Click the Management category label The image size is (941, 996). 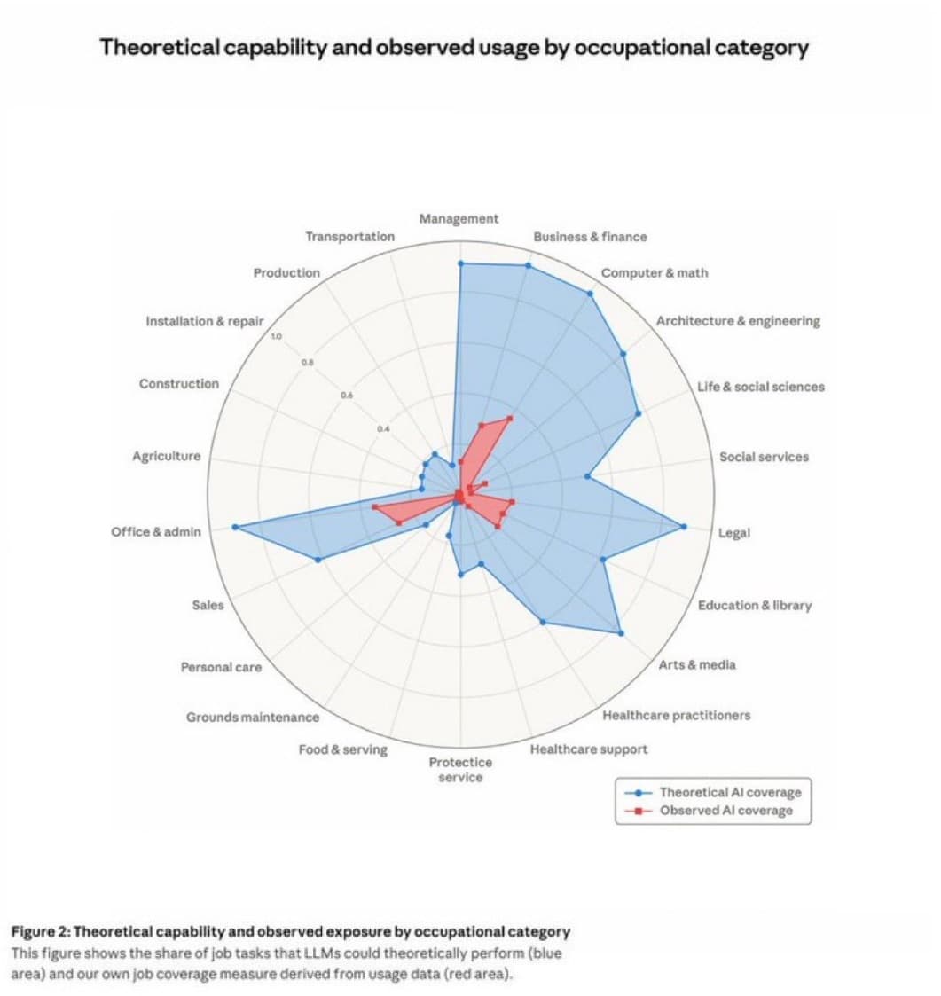point(459,218)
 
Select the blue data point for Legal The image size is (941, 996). point(684,527)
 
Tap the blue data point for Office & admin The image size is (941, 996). point(235,527)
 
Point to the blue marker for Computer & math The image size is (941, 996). point(590,293)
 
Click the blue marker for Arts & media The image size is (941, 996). point(620,633)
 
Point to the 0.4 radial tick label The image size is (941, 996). point(381,428)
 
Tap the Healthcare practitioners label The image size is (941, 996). point(676,715)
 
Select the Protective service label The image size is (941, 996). point(460,770)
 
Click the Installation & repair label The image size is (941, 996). point(204,321)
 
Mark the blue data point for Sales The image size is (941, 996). point(318,560)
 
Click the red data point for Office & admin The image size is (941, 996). point(374,506)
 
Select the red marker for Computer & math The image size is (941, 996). point(510,418)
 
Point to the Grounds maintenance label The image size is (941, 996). point(252,717)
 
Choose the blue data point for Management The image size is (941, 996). point(460,263)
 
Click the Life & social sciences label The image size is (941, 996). point(760,387)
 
